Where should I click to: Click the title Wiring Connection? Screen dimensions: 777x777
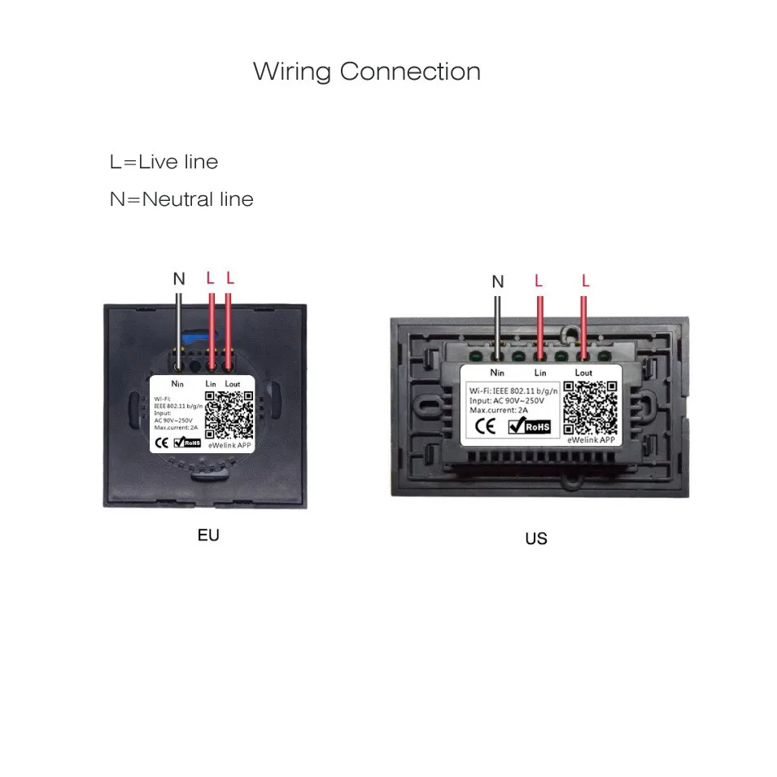(x=366, y=72)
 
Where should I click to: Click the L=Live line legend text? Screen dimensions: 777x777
(x=164, y=162)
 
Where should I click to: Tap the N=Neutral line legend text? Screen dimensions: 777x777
(x=181, y=199)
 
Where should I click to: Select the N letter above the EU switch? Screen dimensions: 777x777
(x=179, y=278)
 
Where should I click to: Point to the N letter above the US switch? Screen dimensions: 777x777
(x=498, y=282)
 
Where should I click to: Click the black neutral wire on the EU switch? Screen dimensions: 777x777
(x=179, y=321)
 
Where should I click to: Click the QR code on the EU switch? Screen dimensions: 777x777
(x=229, y=414)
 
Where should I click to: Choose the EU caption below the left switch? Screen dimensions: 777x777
(x=208, y=535)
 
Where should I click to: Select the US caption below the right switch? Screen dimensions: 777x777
(x=536, y=539)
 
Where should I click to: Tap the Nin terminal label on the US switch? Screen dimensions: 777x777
(x=497, y=373)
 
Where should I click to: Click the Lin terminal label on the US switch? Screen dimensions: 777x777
(x=540, y=373)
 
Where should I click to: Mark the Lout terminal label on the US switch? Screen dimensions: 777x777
(x=583, y=373)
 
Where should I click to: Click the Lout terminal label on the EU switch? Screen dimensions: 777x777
(x=232, y=382)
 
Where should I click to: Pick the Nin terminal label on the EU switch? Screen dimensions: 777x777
(x=178, y=382)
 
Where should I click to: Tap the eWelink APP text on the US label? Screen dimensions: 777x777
(x=591, y=439)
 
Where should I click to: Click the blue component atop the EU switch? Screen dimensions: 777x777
(x=191, y=334)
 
